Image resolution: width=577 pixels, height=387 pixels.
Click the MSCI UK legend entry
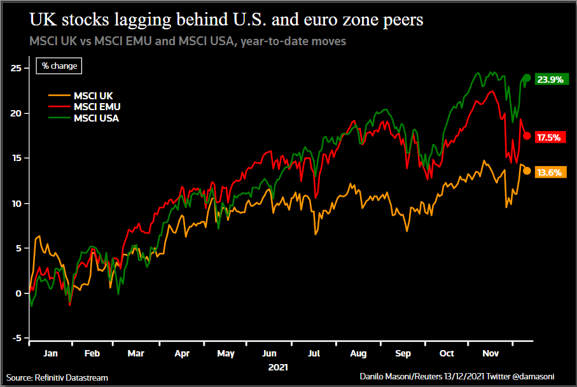coord(93,96)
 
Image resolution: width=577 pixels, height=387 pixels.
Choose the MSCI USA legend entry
coord(96,118)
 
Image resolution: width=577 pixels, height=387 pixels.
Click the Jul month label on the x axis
coord(314,353)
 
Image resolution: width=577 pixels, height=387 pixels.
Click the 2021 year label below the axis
coord(278,367)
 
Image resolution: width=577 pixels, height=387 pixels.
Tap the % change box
coord(59,66)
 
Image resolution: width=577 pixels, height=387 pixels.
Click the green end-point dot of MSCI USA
coord(527,78)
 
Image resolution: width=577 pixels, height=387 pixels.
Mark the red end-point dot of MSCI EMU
coord(527,136)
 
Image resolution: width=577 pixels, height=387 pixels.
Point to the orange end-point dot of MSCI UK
coord(527,171)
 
